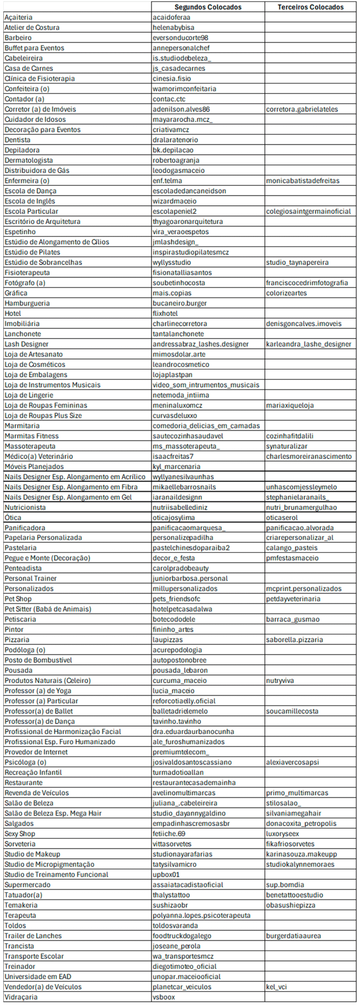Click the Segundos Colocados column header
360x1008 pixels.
pos(208,7)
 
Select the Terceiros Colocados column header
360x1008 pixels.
pos(310,7)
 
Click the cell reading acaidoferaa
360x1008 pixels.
pos(171,17)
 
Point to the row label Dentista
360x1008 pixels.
pos(17,140)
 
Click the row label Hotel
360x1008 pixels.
pos(13,313)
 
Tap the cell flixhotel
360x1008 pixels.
pos(165,313)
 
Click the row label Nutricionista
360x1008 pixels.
pos(25,507)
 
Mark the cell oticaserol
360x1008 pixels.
pos(282,517)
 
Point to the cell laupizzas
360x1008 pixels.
pos(167,640)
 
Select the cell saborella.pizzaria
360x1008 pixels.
pos(294,640)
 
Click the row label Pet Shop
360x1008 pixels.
pos(18,599)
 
